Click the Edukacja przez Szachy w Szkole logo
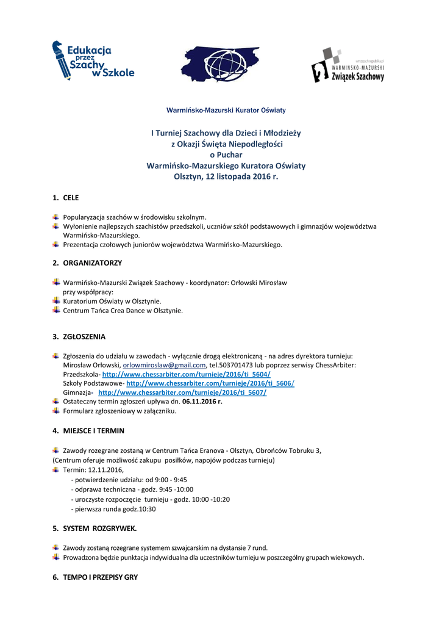(93, 60)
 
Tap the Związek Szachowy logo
(348, 65)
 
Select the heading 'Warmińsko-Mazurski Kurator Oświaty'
(226, 110)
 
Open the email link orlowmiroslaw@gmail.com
(164, 365)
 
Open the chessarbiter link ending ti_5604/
(186, 374)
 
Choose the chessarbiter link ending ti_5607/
(182, 392)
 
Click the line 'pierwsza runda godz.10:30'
(113, 508)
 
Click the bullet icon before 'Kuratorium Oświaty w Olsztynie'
(55, 300)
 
